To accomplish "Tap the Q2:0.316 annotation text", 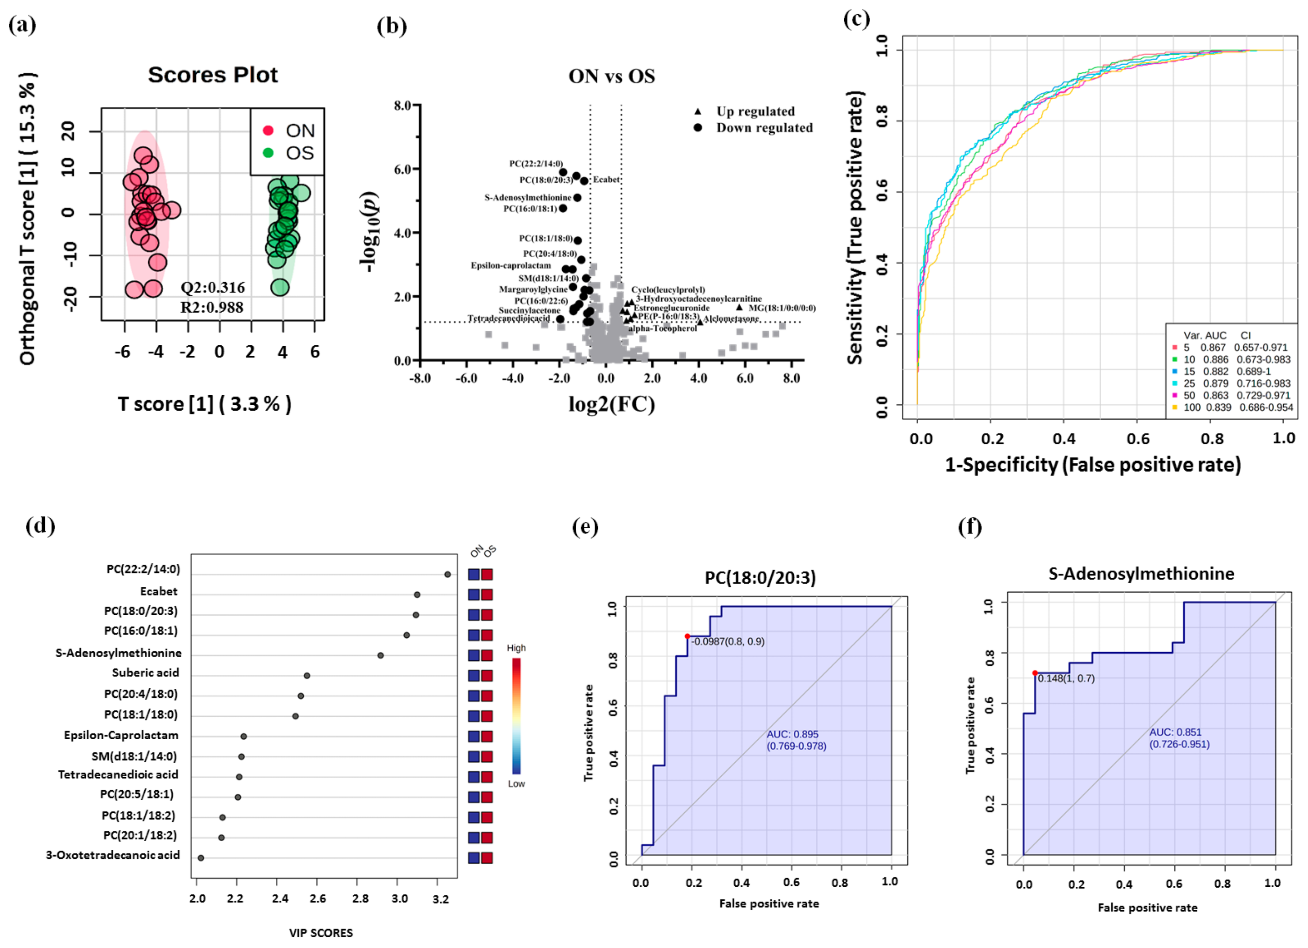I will click(212, 287).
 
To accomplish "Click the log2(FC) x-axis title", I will click(611, 404).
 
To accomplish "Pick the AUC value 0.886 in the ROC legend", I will click(1215, 360).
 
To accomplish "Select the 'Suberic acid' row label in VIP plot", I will click(145, 673).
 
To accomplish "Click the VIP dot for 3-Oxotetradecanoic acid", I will click(201, 858).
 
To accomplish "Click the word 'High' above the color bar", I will click(516, 648).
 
